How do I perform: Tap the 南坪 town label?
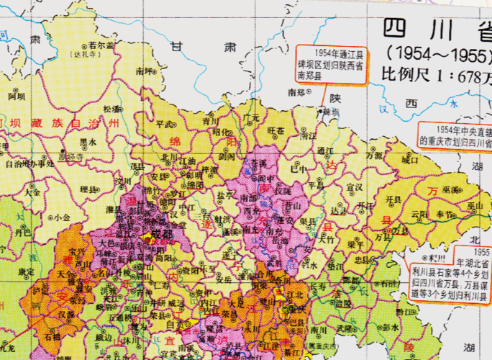(x=145, y=71)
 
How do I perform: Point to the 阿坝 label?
(x=17, y=96)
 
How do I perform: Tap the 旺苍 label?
(x=276, y=130)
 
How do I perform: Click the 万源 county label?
(x=373, y=156)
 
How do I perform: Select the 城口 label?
(x=409, y=161)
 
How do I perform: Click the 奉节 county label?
(x=444, y=215)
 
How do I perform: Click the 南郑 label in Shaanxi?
(x=296, y=92)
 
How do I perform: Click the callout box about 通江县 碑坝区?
(x=331, y=63)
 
